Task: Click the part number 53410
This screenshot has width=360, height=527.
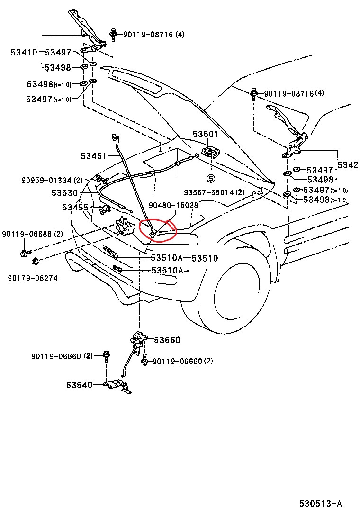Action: click(x=24, y=53)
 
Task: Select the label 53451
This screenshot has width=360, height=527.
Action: click(x=93, y=155)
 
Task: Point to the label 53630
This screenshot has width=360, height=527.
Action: click(x=64, y=193)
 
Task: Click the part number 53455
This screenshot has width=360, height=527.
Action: click(x=75, y=207)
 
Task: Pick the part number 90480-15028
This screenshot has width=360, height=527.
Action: click(x=173, y=205)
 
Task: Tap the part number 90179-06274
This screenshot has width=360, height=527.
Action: click(x=32, y=278)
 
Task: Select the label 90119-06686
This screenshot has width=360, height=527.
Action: click(x=26, y=234)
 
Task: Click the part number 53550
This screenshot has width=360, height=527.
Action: click(x=167, y=340)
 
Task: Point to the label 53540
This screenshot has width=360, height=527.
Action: click(x=79, y=385)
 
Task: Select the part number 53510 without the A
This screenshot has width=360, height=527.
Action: click(x=205, y=258)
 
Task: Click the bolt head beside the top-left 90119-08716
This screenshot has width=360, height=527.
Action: click(x=114, y=34)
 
